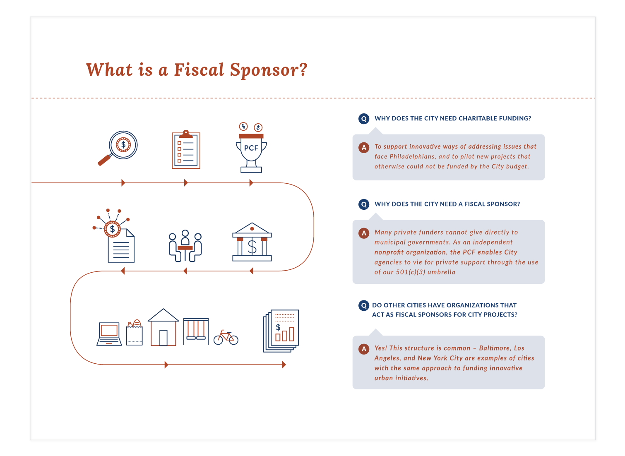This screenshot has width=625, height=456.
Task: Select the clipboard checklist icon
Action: tap(186, 150)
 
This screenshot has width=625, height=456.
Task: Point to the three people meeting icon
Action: tap(185, 246)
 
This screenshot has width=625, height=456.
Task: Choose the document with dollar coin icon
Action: tap(118, 240)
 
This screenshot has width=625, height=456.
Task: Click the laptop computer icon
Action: tap(109, 334)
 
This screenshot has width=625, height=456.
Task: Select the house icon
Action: tap(163, 328)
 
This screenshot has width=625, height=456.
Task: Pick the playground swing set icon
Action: tap(196, 331)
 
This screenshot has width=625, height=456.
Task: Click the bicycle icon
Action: tap(226, 338)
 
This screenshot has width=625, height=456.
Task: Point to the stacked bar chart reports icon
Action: tap(281, 331)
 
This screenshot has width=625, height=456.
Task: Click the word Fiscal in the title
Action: tap(199, 70)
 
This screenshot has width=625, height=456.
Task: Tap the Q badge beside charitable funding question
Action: tap(364, 119)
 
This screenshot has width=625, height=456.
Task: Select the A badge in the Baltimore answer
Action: tap(364, 349)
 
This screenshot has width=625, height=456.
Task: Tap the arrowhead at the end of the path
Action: tap(284, 365)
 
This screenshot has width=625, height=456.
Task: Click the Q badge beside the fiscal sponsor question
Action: tap(364, 204)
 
